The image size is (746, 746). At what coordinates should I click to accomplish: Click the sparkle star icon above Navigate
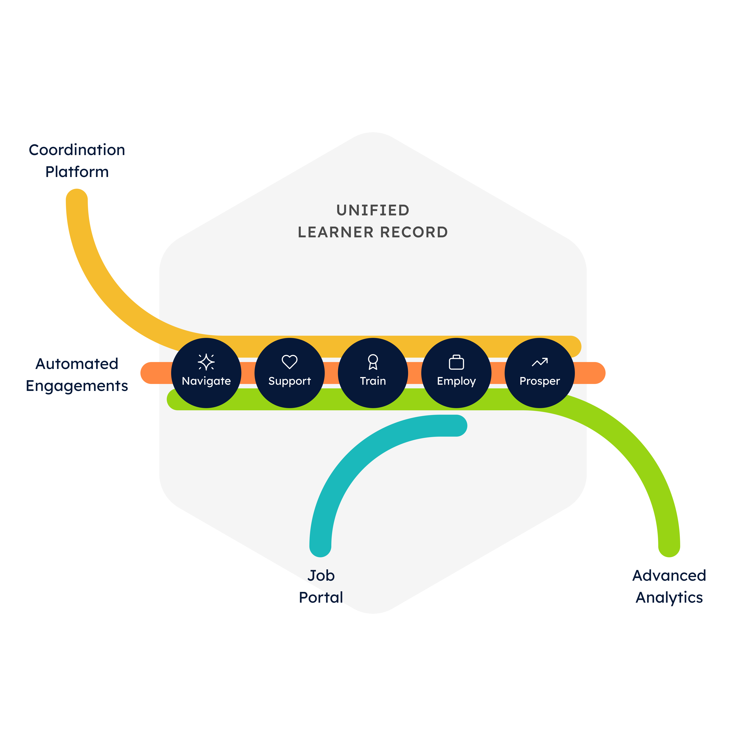coord(206,362)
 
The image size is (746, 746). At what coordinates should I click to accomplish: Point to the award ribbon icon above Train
coord(373,362)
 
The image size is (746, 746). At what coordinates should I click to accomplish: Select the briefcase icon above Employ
coord(456,362)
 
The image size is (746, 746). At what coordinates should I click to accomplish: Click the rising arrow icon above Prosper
coord(540,362)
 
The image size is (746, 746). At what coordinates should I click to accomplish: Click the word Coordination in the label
coord(77,150)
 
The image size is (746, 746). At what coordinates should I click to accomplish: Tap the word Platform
coord(77,172)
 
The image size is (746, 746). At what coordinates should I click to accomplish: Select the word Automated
coord(77,364)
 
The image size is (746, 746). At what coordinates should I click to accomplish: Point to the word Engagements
coord(77,386)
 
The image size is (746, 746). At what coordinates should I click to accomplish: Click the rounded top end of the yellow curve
coord(77,199)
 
